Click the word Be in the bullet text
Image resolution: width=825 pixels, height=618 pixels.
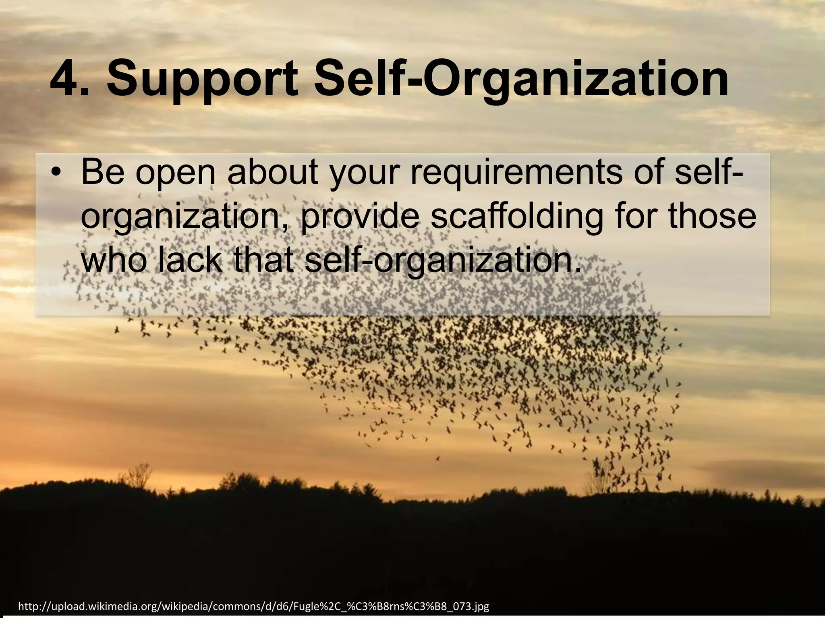(103, 171)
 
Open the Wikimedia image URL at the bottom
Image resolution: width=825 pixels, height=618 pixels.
(254, 606)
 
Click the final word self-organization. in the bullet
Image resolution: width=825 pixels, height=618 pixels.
(443, 261)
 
